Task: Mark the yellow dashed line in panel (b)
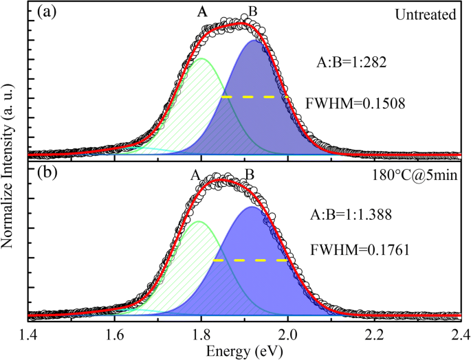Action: click(x=250, y=260)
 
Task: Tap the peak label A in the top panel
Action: click(x=201, y=12)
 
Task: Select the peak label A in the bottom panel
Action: click(x=196, y=175)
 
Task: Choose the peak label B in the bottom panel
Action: click(x=250, y=175)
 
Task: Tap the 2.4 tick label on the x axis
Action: click(x=460, y=335)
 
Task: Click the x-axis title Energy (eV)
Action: click(x=244, y=350)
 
